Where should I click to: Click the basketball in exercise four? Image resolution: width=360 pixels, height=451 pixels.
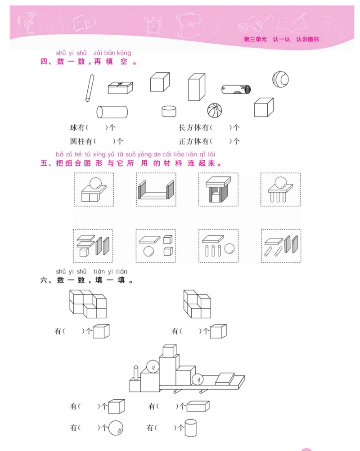(x=215, y=110)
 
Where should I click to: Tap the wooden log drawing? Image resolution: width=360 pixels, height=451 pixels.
(x=236, y=89)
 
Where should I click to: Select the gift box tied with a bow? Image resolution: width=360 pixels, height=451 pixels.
(x=121, y=87)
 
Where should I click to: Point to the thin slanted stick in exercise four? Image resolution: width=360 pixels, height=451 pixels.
(x=90, y=88)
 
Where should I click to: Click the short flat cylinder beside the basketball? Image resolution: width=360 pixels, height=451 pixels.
(x=169, y=111)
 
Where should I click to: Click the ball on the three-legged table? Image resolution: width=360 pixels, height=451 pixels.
(x=280, y=182)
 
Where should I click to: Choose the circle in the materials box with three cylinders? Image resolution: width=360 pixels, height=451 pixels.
(x=229, y=249)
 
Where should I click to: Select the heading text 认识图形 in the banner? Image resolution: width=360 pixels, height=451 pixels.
(x=308, y=39)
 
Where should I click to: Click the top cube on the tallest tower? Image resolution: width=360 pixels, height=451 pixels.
(x=169, y=351)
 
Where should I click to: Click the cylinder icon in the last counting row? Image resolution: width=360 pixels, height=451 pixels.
(x=191, y=427)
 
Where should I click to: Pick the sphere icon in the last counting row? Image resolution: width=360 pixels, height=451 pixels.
(x=116, y=427)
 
